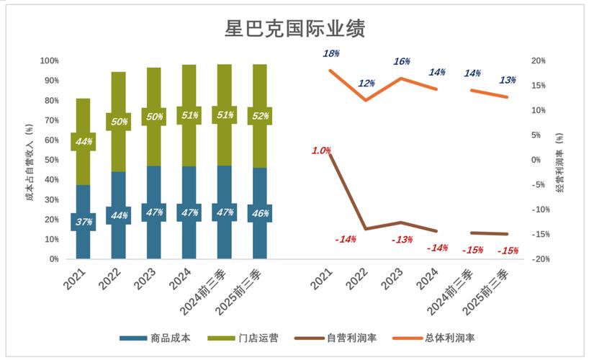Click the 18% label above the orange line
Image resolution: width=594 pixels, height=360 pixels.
(x=331, y=53)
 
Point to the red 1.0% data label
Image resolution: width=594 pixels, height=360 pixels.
(x=321, y=150)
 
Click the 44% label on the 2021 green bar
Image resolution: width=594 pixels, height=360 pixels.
(x=84, y=142)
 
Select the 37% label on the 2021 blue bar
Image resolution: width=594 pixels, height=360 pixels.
(x=84, y=222)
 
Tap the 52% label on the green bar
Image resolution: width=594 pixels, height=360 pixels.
(x=259, y=116)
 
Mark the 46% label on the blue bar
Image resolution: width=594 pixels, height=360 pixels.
(x=259, y=213)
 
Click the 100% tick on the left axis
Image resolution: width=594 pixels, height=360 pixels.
(x=49, y=61)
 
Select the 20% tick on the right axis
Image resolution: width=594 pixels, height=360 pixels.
(x=539, y=61)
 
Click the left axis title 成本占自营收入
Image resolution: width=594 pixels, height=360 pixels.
(x=30, y=160)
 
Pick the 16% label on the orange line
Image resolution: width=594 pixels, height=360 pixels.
(x=402, y=61)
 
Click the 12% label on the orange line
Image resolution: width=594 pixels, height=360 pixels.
(x=366, y=84)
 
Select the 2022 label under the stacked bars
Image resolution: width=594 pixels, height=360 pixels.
(x=109, y=276)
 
